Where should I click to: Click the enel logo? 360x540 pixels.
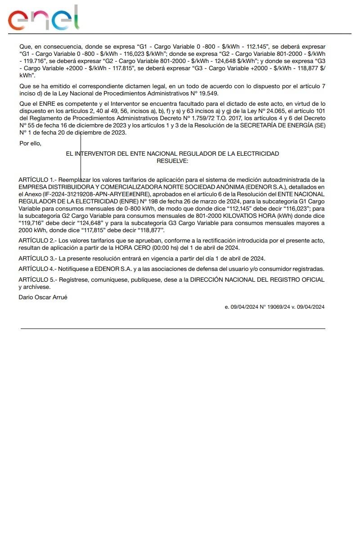pyautogui.click(x=44, y=18)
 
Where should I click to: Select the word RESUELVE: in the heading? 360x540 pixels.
pyautogui.click(x=172, y=161)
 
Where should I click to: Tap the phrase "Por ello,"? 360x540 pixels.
pyautogui.click(x=30, y=143)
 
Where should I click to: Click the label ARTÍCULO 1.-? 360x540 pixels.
pyautogui.click(x=37, y=180)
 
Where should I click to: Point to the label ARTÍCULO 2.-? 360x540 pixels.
pyautogui.click(x=37, y=241)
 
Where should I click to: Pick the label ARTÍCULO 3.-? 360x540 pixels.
pyautogui.click(x=37, y=258)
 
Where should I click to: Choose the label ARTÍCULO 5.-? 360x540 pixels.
pyautogui.click(x=37, y=280)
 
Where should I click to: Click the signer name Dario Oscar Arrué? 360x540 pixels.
pyautogui.click(x=43, y=297)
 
